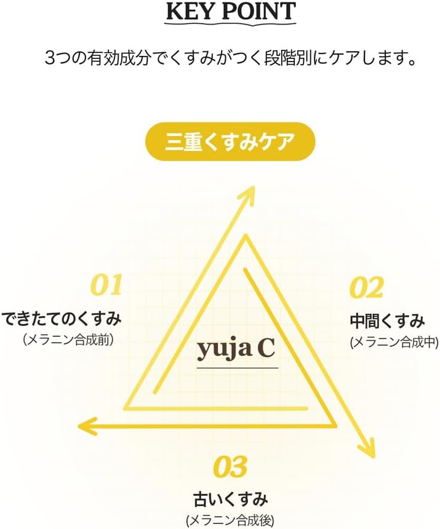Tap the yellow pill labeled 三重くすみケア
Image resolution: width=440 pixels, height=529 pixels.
coord(230,141)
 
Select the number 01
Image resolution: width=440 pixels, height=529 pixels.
coord(106,285)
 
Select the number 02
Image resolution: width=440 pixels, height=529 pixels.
coord(367,287)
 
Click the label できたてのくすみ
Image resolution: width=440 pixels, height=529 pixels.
coord(61,319)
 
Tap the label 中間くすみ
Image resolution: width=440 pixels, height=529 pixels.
coord(387,321)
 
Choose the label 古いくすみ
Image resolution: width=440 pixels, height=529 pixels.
coord(231,499)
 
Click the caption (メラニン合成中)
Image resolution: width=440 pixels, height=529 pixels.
coord(394,343)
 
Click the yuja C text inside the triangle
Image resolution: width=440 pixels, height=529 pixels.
coord(236,350)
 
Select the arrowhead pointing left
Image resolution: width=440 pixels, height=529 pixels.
coord(87,426)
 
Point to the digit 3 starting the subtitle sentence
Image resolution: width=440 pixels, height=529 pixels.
coord(50,58)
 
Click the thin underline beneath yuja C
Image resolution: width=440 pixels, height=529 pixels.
coord(238,368)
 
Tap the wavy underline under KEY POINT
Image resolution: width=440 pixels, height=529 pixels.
coord(230,23)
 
